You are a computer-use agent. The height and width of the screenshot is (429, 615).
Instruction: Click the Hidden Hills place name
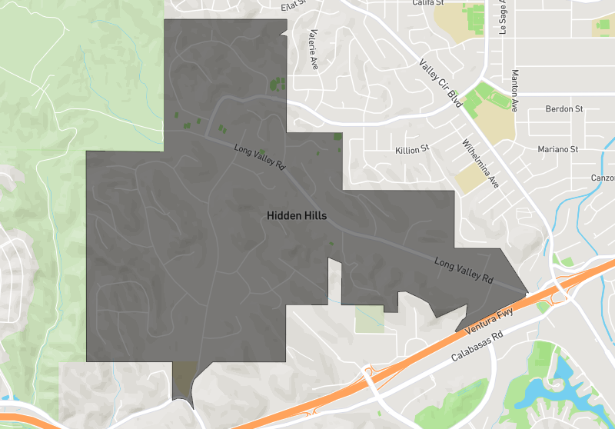(x=297, y=216)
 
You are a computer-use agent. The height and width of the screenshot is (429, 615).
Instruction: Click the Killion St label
(x=411, y=149)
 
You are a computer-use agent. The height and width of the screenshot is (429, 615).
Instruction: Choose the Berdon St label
(x=564, y=109)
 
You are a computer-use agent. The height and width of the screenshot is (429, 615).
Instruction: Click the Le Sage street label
(x=504, y=17)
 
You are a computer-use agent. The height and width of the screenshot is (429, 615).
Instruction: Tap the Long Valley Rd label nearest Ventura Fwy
(x=463, y=271)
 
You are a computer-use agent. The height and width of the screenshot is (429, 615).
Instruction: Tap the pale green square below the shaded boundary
(x=368, y=318)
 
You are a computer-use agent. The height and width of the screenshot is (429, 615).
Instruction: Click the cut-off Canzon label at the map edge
(x=602, y=178)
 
